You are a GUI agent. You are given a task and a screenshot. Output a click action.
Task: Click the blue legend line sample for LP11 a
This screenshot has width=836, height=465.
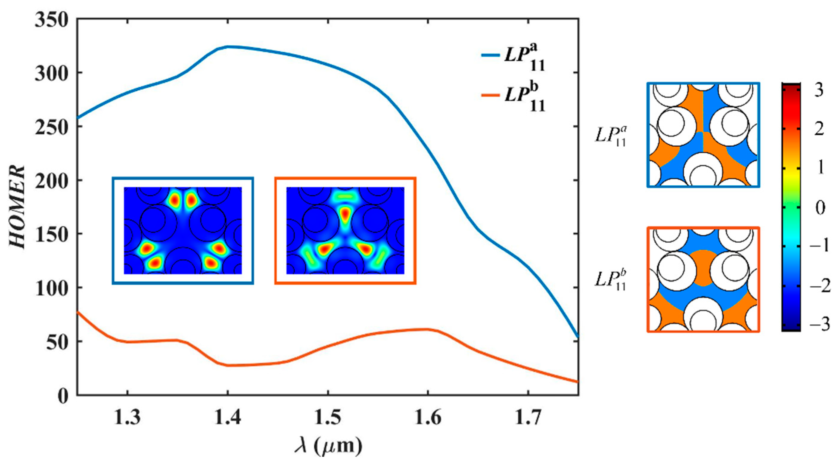490,55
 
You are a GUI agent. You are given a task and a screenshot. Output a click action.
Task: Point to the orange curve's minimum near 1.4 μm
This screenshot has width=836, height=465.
229,365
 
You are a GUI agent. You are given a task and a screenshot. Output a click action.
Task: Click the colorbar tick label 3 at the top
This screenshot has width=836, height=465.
819,90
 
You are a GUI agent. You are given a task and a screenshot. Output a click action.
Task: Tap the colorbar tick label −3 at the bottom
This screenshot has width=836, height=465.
818,325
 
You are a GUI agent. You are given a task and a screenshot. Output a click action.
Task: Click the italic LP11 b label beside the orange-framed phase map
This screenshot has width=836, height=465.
610,279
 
